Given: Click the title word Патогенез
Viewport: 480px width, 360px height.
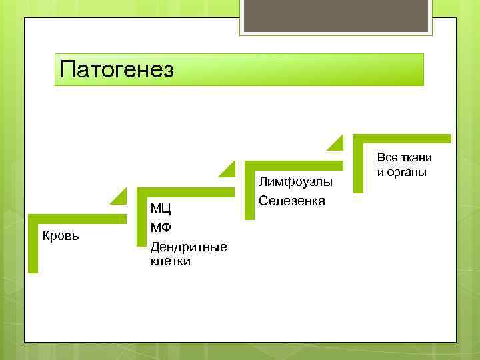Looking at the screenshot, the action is click(x=117, y=69).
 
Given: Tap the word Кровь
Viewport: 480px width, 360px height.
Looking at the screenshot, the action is click(x=61, y=235).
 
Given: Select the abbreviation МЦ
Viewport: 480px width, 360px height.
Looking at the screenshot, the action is click(x=161, y=211).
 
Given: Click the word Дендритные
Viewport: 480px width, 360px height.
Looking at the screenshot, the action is click(x=189, y=247).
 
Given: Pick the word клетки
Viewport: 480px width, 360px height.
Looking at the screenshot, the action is click(x=170, y=261).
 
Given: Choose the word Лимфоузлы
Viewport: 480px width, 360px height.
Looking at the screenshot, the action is click(x=295, y=182).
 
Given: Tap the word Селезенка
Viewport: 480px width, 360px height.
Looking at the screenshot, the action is click(x=292, y=200).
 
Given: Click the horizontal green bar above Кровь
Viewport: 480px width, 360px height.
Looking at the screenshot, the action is click(x=77, y=218).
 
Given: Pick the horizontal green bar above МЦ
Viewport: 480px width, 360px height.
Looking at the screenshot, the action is click(x=186, y=192).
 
